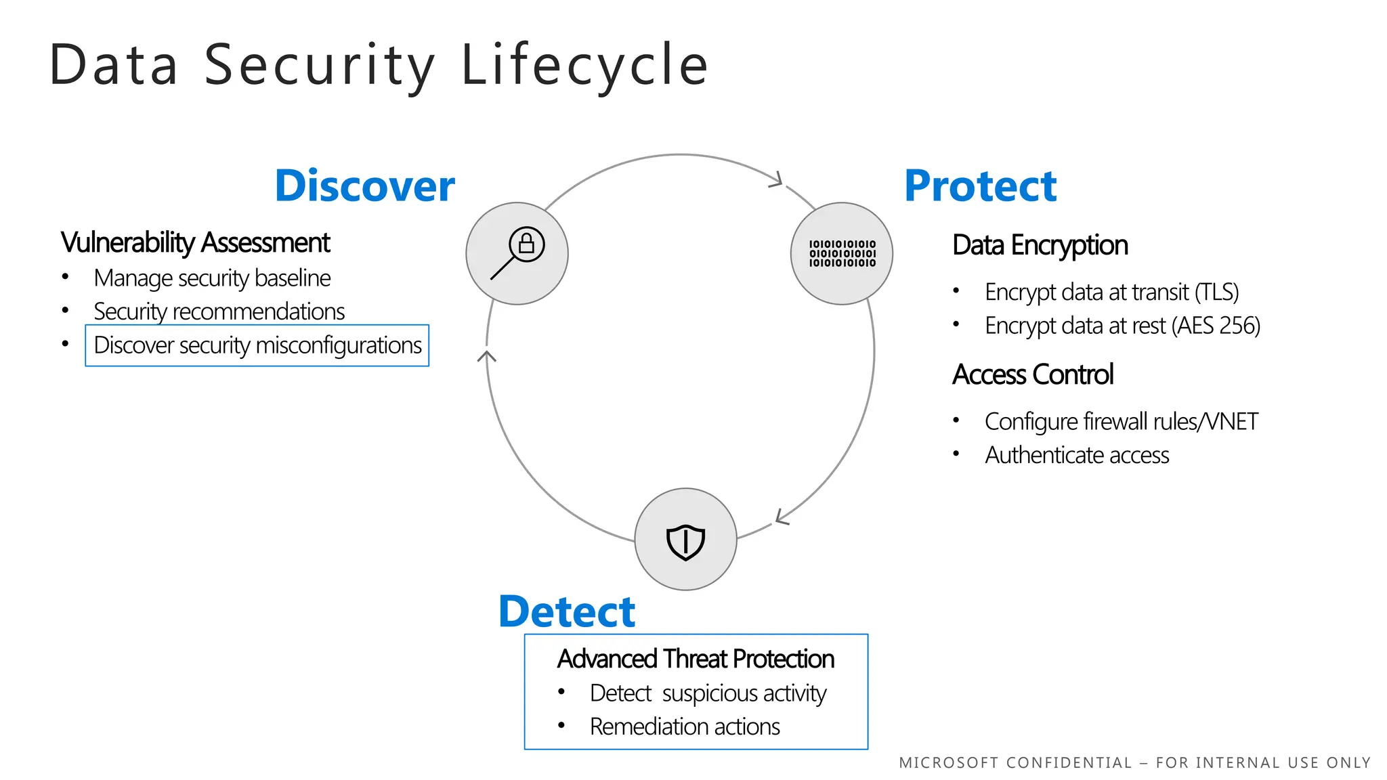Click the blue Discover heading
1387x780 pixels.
tap(364, 186)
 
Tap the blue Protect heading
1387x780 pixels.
tap(980, 186)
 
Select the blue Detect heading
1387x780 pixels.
tap(567, 611)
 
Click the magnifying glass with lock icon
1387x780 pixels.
tap(517, 253)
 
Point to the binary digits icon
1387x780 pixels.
tap(842, 253)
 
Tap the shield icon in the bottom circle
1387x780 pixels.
tap(685, 541)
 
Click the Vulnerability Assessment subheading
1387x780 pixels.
tap(195, 242)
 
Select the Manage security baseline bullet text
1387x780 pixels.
tap(212, 278)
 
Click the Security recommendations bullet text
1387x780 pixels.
tap(219, 311)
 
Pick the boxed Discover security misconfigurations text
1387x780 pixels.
tap(257, 345)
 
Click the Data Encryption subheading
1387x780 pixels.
tap(1040, 245)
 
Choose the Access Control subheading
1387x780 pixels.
tap(1032, 374)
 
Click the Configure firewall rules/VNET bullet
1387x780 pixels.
tap(1121, 422)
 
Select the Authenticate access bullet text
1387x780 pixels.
tap(1077, 455)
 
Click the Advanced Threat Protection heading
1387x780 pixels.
tap(696, 659)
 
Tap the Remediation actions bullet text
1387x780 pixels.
tap(685, 727)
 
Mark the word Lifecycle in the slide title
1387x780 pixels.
tap(584, 65)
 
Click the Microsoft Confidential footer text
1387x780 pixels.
tap(1134, 763)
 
